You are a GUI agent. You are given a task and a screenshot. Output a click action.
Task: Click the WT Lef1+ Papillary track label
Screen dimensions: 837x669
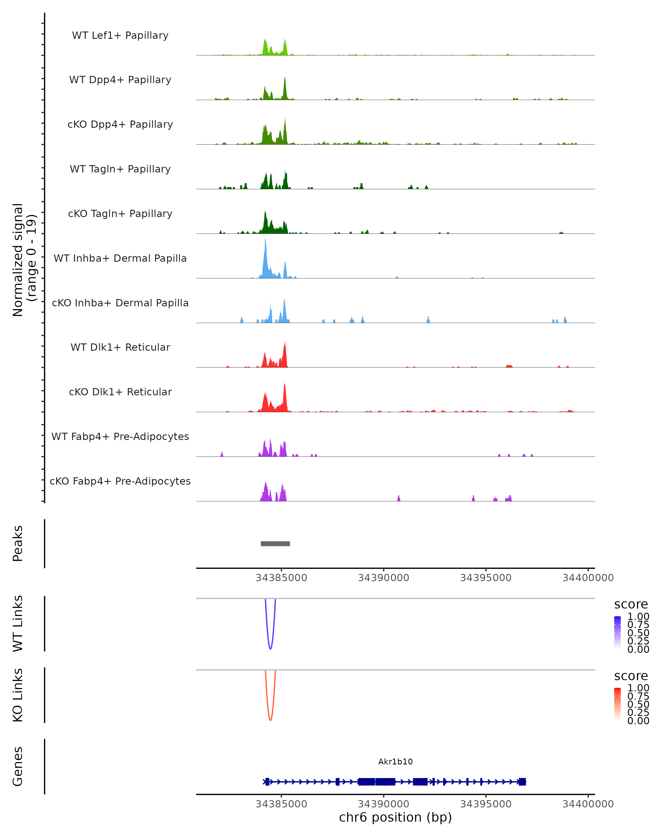click(x=120, y=35)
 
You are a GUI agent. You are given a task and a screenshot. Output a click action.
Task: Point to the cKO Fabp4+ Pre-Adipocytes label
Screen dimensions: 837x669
click(x=120, y=481)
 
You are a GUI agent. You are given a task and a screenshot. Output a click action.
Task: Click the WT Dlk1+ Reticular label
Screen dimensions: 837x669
click(x=120, y=347)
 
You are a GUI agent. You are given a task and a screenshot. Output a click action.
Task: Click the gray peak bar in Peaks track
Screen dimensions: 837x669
click(x=275, y=543)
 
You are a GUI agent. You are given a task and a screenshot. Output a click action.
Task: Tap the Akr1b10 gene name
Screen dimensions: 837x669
click(x=395, y=761)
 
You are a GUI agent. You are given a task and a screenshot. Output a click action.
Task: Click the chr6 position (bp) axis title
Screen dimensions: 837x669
click(x=395, y=817)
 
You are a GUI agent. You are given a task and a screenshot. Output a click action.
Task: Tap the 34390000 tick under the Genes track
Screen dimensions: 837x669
click(x=384, y=804)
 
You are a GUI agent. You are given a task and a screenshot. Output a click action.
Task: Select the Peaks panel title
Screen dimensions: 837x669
click(x=18, y=543)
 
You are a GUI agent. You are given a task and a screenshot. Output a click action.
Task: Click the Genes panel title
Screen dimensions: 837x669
click(x=18, y=766)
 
